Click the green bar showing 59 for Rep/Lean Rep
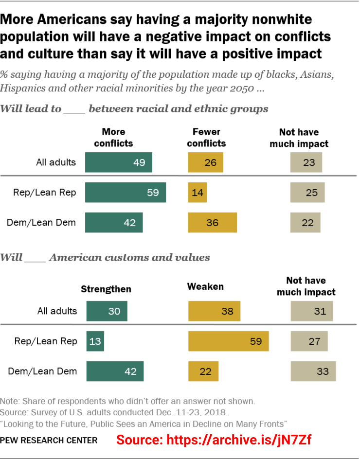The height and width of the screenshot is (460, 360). [125, 193]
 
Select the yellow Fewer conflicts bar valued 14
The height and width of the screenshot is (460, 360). [197, 193]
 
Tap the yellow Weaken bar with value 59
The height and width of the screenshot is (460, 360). [228, 341]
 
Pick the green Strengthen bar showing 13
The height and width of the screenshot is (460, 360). [95, 341]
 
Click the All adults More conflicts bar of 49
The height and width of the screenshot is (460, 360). [118, 162]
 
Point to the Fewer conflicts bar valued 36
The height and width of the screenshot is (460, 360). [212, 223]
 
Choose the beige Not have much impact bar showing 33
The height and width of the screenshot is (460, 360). [313, 372]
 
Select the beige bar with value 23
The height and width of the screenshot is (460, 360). [306, 162]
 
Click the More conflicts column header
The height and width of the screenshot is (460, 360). [113, 138]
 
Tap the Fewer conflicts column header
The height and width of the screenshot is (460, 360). [206, 138]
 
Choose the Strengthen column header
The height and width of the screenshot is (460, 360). [106, 289]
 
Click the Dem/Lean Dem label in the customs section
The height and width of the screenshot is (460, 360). [42, 372]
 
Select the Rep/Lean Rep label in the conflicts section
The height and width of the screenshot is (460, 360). [44, 193]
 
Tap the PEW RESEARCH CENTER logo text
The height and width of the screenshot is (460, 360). [49, 441]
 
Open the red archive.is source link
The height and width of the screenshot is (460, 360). [214, 440]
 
